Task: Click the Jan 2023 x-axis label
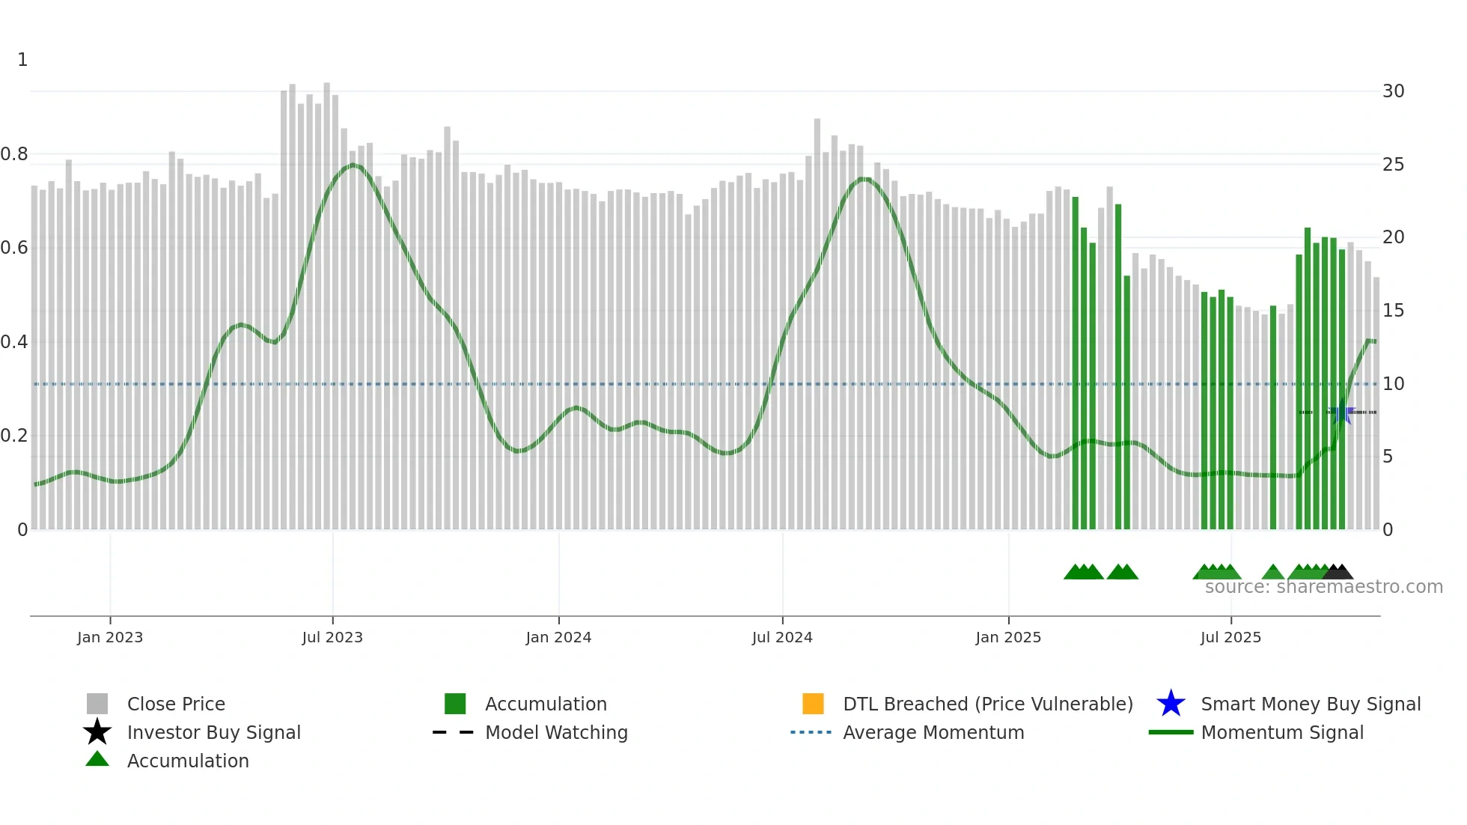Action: point(110,637)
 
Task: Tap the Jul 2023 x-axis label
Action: point(332,637)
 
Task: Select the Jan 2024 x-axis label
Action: point(558,637)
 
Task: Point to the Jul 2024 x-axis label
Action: point(782,637)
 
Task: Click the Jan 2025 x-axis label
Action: point(1008,637)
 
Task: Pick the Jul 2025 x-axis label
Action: point(1230,637)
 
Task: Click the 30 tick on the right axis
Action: point(1393,91)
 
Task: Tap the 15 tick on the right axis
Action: point(1393,311)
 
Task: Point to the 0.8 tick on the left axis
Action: point(14,154)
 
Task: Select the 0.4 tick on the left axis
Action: point(14,342)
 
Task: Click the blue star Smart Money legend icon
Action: point(1171,704)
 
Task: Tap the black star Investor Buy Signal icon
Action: point(97,732)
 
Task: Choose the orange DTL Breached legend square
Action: point(813,704)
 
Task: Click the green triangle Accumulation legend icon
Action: point(97,759)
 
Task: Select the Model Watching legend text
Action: point(556,732)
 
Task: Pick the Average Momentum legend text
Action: point(933,732)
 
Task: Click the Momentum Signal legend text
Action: point(1282,732)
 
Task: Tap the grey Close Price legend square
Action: point(97,704)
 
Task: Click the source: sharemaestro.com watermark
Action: point(1323,587)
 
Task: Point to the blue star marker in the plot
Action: point(1342,413)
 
